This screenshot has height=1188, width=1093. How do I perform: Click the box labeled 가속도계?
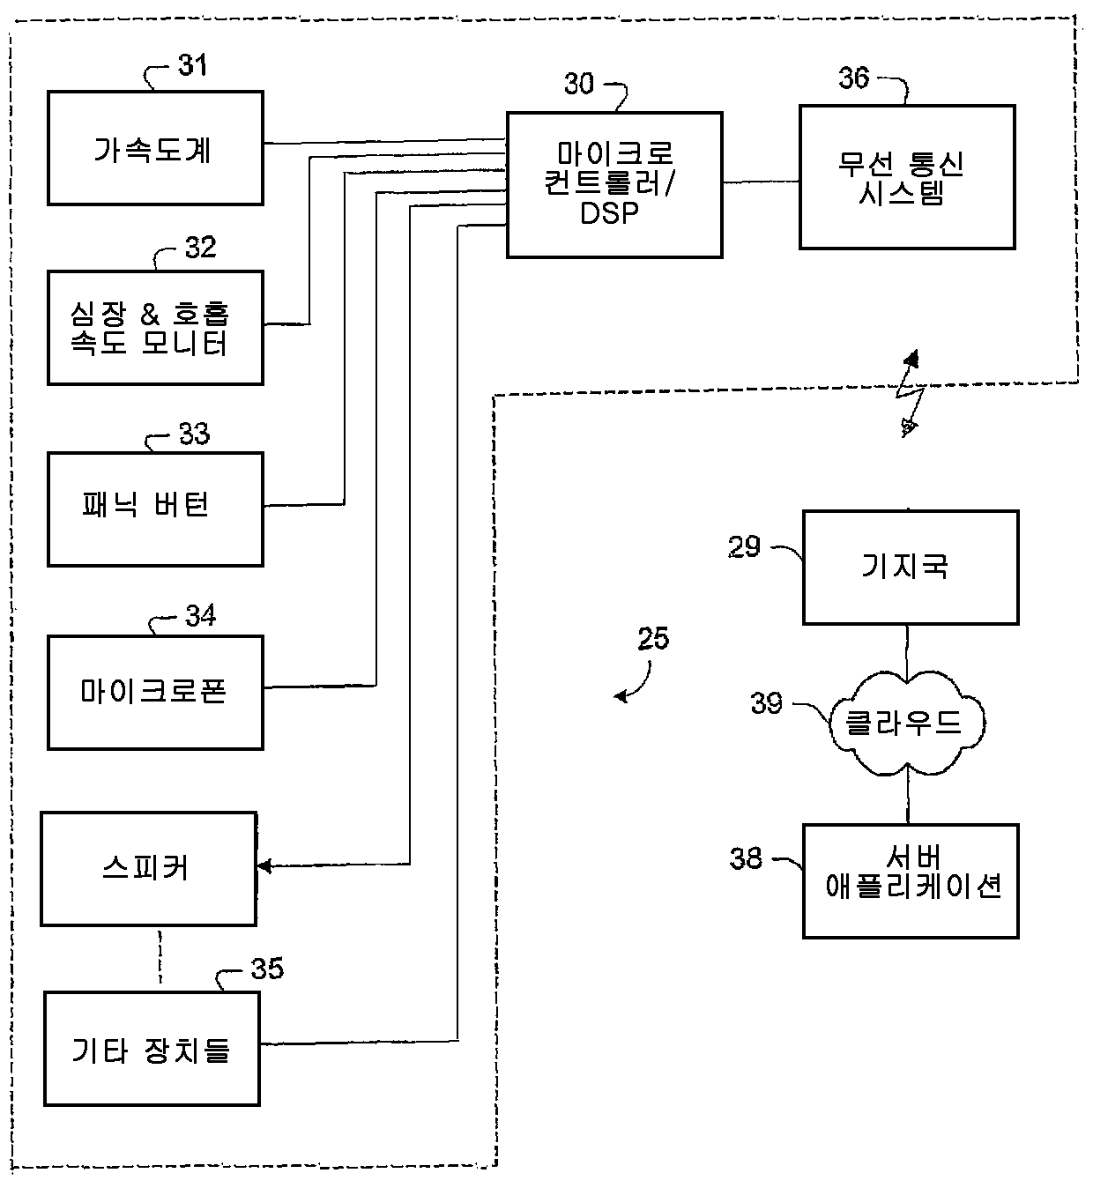pos(155,148)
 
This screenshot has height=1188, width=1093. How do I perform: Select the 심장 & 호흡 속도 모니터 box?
pos(155,328)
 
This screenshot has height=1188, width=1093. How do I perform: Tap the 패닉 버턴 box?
pos(155,510)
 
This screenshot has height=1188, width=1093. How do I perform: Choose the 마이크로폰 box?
pos(155,693)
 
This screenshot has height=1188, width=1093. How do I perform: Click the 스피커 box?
pos(149,869)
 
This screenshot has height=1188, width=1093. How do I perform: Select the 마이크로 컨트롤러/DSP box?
pos(615,185)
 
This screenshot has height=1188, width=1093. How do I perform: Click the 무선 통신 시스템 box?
pos(908,177)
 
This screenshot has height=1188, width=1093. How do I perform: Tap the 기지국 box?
pos(911,568)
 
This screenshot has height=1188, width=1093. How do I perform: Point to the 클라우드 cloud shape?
pos(907,723)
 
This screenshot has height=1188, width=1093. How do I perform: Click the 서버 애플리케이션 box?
pos(911,881)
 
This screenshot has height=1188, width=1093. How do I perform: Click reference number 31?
pos(192,65)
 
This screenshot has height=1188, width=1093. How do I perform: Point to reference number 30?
pos(579,84)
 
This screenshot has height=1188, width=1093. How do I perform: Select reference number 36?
pos(853,78)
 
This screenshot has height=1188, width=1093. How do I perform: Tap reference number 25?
pos(653,638)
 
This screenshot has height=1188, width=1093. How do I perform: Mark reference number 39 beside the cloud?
pos(766,703)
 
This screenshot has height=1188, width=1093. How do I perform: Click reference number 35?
pos(267,969)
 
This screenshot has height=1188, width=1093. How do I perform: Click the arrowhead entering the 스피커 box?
pos(264,866)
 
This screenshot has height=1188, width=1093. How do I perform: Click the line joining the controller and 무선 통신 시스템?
pos(762,182)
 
